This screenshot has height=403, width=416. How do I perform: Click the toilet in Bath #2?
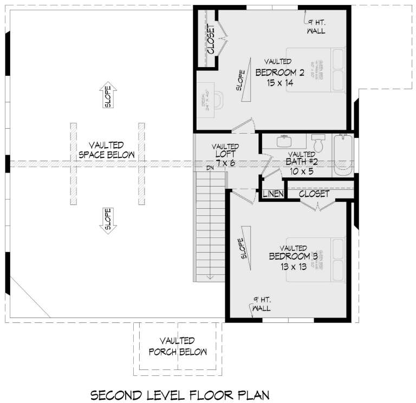coord(318,144)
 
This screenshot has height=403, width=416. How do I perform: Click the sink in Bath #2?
coord(284,142)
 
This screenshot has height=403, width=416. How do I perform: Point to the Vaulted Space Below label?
coord(107,150)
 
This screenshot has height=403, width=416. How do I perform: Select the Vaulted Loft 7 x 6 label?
coord(225,155)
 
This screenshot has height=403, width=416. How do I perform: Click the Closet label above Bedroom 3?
coord(314,193)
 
